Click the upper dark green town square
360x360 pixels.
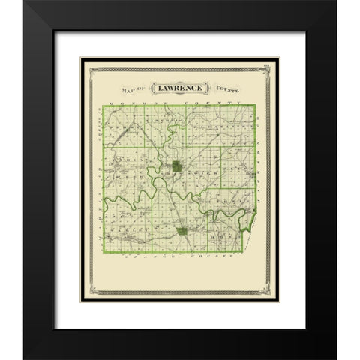tap(175, 166)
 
